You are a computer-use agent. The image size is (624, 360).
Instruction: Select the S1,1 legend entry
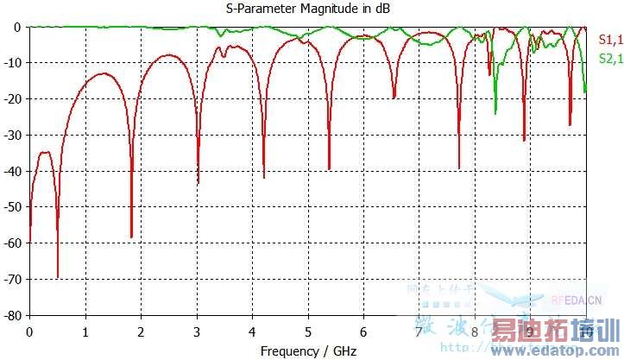[x=609, y=39]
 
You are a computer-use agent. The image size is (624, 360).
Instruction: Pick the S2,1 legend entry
[x=609, y=59]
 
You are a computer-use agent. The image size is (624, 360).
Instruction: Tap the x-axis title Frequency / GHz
[x=308, y=351]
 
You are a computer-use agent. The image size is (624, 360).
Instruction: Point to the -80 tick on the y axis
[x=15, y=316]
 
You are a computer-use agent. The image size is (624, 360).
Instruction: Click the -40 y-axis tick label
[x=15, y=171]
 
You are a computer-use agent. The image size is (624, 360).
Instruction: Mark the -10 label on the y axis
[x=15, y=63]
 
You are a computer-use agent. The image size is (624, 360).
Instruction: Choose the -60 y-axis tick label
[x=15, y=243]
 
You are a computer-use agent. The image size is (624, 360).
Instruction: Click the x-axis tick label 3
[x=197, y=332]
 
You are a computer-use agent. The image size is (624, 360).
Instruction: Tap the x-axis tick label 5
[x=308, y=332]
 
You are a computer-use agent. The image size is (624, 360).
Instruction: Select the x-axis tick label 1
[x=85, y=332]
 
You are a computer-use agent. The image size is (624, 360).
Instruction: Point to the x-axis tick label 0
[x=30, y=332]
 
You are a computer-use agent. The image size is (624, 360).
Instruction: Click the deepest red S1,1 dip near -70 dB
[x=58, y=276]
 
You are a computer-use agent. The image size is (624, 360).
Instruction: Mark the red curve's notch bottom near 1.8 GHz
[x=131, y=237]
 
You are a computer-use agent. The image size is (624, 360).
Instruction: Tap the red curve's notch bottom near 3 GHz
[x=198, y=182]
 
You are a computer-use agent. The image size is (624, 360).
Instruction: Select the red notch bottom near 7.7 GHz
[x=459, y=167]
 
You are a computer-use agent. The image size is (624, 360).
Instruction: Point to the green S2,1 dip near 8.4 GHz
[x=495, y=112]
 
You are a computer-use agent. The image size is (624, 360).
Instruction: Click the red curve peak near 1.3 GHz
[x=104, y=74]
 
